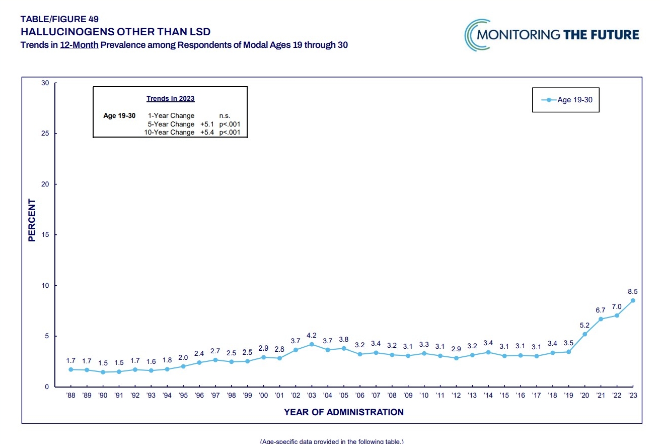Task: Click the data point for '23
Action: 633,300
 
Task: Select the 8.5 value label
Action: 633,291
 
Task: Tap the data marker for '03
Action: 312,344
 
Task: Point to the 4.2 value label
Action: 312,335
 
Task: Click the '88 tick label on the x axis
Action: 71,396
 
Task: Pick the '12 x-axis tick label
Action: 456,396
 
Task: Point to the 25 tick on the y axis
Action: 46,134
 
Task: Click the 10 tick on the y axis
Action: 46,286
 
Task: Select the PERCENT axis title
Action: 32,220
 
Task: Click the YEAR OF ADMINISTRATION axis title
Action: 344,412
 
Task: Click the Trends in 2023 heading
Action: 170,98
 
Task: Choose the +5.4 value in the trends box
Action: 207,133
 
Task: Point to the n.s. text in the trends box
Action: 225,116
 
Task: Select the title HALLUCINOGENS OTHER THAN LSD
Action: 115,32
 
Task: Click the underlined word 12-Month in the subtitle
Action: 79,45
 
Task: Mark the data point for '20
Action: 584,334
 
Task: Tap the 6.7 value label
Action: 601,309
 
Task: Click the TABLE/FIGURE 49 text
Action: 59,19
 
